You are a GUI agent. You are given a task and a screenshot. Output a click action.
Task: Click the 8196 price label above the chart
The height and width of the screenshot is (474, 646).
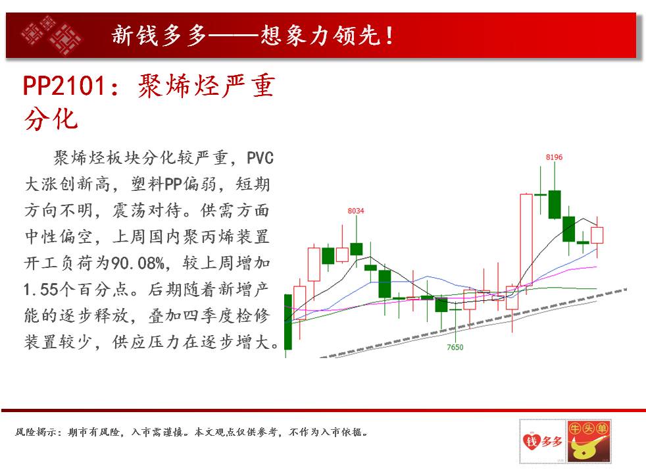pos(554,157)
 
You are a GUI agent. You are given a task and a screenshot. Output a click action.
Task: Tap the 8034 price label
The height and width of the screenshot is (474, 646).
pos(355,211)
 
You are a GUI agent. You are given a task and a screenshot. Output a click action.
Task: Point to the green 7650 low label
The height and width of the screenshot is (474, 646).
pos(455,347)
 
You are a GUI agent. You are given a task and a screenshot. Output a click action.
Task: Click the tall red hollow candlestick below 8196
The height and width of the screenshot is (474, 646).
pos(526,240)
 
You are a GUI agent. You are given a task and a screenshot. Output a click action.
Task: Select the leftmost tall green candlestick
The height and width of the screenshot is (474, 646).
pos(288,321)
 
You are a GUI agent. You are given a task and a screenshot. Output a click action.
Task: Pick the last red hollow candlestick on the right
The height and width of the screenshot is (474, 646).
pos(597,235)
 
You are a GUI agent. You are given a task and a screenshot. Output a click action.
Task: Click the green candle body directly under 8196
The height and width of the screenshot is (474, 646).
pos(555,205)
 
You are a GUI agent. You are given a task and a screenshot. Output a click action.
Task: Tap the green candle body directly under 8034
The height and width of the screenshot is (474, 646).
pos(357,250)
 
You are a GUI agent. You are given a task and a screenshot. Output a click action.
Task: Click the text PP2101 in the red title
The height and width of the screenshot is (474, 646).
pos(64,86)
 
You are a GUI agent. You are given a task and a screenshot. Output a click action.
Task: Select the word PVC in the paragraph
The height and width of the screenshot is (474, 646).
pos(260,158)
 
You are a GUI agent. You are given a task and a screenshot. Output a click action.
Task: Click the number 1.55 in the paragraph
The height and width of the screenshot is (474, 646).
pos(41,290)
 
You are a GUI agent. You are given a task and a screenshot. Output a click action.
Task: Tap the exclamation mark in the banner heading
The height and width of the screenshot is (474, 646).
pos(389,36)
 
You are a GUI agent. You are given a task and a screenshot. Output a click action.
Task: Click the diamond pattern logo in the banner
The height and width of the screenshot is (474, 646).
pos(51,36)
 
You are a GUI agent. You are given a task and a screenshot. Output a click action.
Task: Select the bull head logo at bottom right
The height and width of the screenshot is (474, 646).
pos(589,442)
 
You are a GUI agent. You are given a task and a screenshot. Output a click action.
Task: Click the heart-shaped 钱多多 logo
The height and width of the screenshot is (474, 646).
pos(543,442)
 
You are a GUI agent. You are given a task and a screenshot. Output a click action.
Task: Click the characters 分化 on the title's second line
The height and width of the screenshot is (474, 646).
pos(51,120)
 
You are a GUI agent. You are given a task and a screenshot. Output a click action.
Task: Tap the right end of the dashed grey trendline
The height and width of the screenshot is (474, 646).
pos(626,290)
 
